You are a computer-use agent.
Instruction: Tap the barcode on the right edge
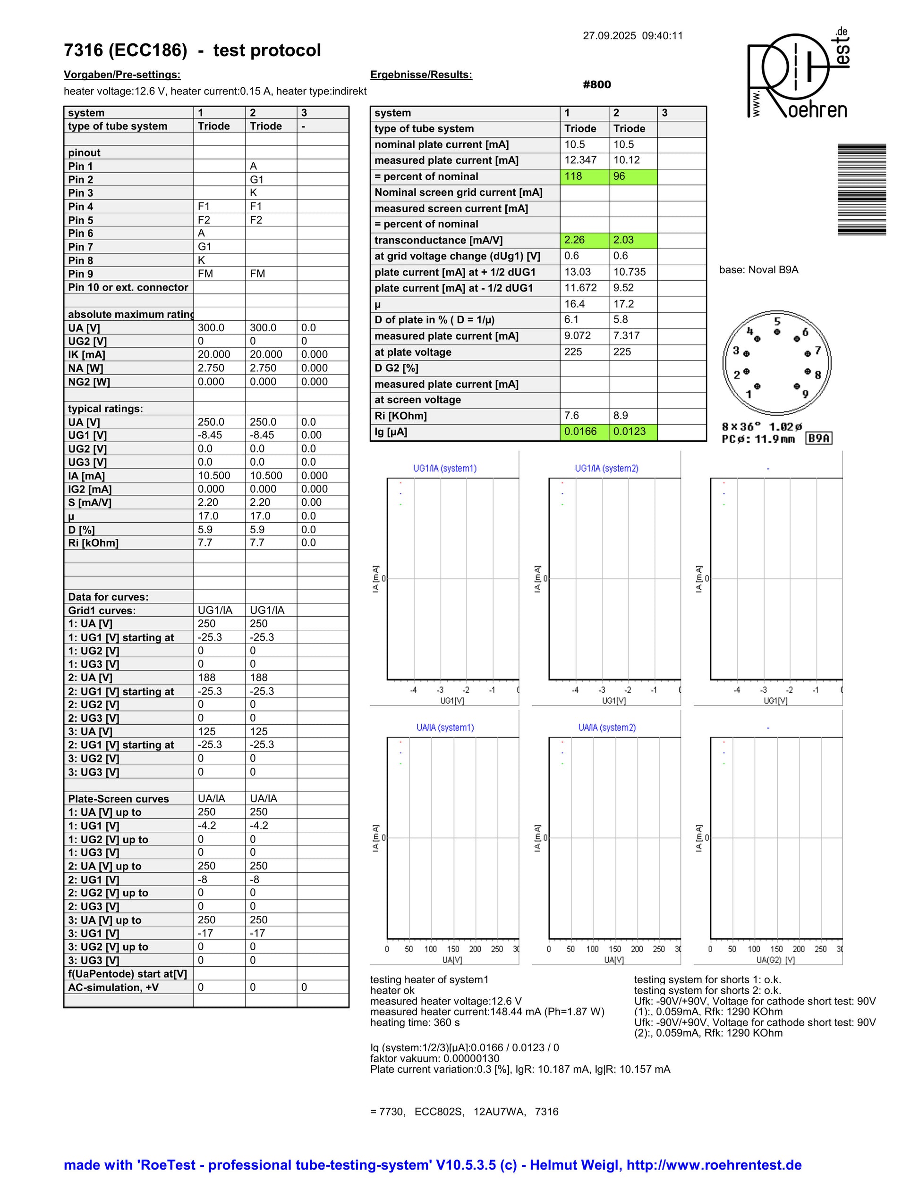click(x=861, y=189)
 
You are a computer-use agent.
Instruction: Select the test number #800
click(x=597, y=84)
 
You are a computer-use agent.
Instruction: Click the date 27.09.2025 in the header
click(x=609, y=36)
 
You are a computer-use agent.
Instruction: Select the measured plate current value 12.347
click(x=580, y=160)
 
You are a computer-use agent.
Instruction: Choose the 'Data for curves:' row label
click(x=108, y=597)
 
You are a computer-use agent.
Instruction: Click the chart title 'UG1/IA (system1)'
click(x=445, y=469)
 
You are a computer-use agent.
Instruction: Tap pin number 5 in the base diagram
click(x=777, y=321)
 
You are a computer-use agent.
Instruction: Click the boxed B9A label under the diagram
click(x=819, y=438)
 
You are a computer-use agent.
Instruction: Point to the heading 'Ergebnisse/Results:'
click(x=421, y=75)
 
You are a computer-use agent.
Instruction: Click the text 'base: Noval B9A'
click(x=758, y=270)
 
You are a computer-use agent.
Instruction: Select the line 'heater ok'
click(x=392, y=990)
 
